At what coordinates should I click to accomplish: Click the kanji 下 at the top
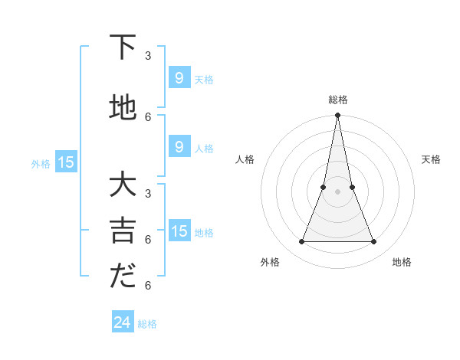tap(123, 47)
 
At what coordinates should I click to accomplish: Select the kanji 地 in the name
tap(123, 108)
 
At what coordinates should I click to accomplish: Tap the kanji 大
tap(123, 187)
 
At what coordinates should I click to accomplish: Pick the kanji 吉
tap(123, 231)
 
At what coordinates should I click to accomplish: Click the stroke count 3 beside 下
tap(148, 56)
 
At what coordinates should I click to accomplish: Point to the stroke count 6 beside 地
tap(148, 116)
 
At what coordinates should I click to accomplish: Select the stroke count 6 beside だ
tap(148, 286)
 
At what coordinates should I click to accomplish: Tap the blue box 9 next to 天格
tap(179, 78)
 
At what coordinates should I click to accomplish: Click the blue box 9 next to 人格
tap(179, 147)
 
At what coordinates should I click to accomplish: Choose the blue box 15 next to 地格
tap(179, 231)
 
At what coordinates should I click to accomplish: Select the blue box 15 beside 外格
tap(66, 162)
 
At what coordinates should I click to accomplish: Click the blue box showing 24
tap(122, 322)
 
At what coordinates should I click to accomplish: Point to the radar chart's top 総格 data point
tap(337, 116)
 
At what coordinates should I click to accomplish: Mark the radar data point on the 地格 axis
tap(374, 242)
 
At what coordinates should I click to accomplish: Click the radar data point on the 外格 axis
tap(301, 242)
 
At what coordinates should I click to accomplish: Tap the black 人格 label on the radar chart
tap(245, 159)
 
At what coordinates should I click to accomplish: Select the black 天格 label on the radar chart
tap(431, 159)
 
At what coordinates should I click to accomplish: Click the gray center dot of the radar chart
tap(337, 191)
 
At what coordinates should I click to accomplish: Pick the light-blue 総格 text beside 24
tap(147, 324)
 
